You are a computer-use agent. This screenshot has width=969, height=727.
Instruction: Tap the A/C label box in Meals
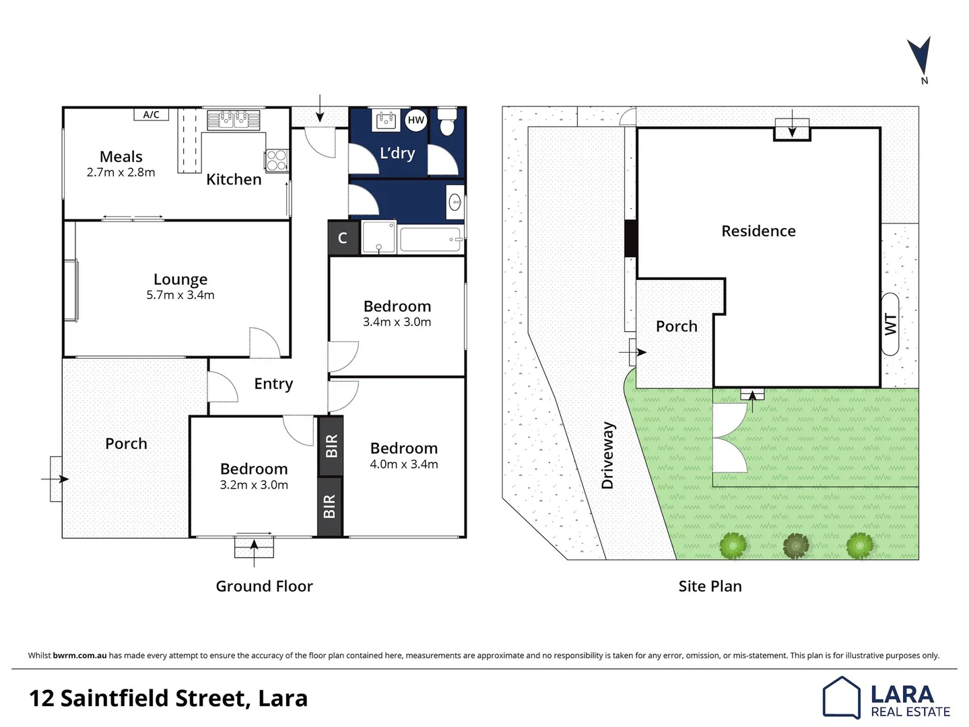click(x=151, y=115)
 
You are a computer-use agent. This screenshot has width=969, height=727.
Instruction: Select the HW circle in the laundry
click(x=416, y=120)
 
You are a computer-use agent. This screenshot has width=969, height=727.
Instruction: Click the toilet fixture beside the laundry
click(x=447, y=123)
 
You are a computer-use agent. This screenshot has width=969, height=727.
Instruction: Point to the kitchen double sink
click(x=233, y=120)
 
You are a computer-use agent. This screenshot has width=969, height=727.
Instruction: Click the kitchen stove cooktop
click(x=276, y=160)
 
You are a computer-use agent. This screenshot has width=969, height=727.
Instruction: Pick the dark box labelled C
click(x=343, y=238)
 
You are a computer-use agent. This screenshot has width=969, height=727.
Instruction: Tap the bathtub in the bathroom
click(x=430, y=240)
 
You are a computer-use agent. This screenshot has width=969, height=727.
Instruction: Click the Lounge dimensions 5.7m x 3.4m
click(x=180, y=296)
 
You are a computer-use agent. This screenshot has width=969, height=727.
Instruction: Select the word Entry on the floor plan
click(x=273, y=384)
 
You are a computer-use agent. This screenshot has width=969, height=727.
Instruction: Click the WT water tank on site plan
click(x=890, y=324)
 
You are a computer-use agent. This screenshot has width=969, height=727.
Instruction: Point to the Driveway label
click(x=607, y=455)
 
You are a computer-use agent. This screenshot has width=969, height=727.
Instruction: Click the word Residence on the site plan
click(x=758, y=231)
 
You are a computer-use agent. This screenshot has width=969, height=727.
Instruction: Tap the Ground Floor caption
click(x=264, y=586)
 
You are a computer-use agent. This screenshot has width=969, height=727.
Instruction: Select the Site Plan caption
click(x=710, y=586)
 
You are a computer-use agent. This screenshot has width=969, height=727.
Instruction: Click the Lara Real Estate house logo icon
click(x=841, y=697)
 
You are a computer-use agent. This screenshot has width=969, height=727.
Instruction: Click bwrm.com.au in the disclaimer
click(x=79, y=656)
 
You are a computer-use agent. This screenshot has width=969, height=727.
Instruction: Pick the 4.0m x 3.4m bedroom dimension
click(x=404, y=464)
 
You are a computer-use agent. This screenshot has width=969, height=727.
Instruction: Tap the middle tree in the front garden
click(x=796, y=545)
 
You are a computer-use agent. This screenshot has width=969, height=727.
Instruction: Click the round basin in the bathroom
click(x=455, y=201)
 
